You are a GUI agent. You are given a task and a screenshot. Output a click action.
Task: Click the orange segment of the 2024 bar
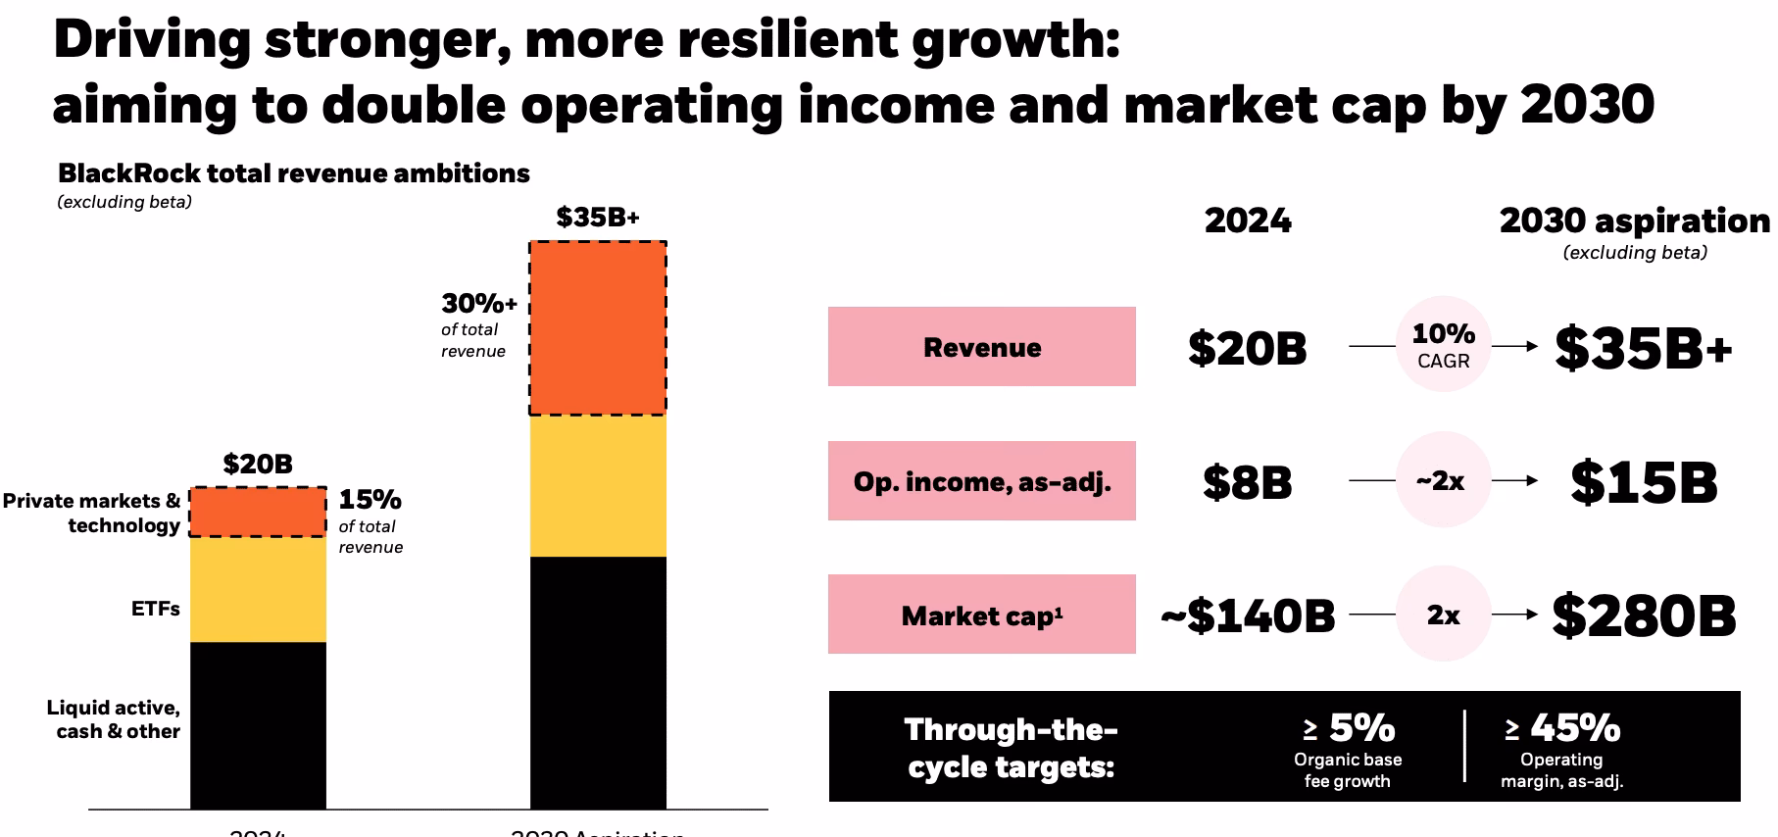coord(258,512)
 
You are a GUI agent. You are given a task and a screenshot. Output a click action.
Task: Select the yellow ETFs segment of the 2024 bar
coord(258,589)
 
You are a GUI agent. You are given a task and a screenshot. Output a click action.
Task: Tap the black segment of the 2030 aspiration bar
coord(598,682)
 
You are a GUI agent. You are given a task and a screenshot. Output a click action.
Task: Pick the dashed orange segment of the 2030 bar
coord(598,328)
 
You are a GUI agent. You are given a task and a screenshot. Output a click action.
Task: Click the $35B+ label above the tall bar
coord(598,217)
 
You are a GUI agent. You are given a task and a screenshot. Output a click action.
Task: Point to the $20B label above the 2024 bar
coord(258,464)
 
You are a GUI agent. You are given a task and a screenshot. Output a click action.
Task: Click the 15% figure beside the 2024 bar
coord(370,500)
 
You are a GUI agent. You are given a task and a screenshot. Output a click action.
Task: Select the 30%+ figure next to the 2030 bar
coord(478,303)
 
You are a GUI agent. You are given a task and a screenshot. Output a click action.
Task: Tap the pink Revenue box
coord(981,347)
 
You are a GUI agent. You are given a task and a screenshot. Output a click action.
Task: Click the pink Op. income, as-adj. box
coord(981,481)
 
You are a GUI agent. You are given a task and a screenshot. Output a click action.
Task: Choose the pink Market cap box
coord(981,615)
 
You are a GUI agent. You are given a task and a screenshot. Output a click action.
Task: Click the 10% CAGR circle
coord(1443,346)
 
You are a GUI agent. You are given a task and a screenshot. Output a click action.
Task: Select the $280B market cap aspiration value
coord(1644,615)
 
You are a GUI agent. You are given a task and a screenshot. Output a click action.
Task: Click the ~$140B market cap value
coord(1248,615)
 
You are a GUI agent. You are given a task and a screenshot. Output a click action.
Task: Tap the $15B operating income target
coord(1644,481)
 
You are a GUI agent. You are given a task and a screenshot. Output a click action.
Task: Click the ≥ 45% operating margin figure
coord(1563,728)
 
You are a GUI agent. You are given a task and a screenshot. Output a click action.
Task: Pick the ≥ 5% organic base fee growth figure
coord(1349,728)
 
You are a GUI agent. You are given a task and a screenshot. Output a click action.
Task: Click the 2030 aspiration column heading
coord(1634,222)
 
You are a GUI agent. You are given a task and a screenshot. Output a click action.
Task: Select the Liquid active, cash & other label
coord(113,719)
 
